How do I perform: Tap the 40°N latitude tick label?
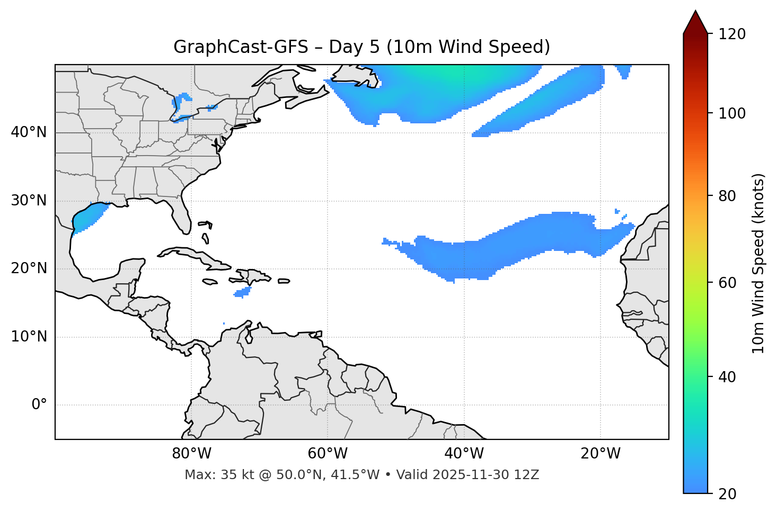point(29,132)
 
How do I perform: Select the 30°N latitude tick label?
point(29,201)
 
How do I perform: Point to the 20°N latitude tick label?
point(29,268)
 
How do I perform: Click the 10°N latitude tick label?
point(29,337)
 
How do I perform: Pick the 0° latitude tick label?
point(39,405)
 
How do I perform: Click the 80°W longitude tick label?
point(191,454)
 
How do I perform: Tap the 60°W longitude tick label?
point(328,454)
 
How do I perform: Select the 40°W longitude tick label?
point(464,454)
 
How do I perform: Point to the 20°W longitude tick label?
point(601,454)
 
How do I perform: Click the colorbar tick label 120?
point(732,34)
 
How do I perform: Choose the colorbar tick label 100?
point(732,113)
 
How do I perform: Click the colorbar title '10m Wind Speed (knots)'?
point(758,263)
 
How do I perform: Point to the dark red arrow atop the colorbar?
point(695,23)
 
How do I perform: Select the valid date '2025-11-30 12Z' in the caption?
point(485,475)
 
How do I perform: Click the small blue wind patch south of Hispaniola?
point(243,292)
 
